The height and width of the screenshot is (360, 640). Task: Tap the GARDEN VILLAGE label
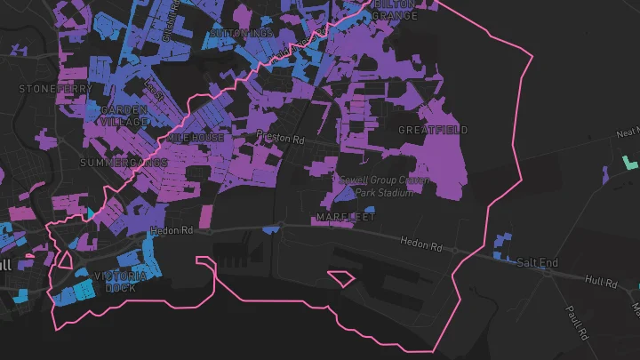click(x=124, y=116)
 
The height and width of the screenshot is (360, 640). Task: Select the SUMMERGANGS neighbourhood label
click(x=124, y=164)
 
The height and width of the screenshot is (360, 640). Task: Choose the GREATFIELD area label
click(x=433, y=130)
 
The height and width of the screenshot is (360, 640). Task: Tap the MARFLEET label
click(x=346, y=217)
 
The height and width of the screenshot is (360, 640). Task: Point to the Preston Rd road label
click(x=280, y=139)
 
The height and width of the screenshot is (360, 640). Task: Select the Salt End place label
click(x=538, y=263)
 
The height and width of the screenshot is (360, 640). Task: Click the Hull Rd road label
click(x=601, y=281)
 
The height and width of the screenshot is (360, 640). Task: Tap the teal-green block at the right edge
click(x=631, y=164)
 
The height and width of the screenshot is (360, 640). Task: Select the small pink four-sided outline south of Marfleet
click(x=341, y=278)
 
